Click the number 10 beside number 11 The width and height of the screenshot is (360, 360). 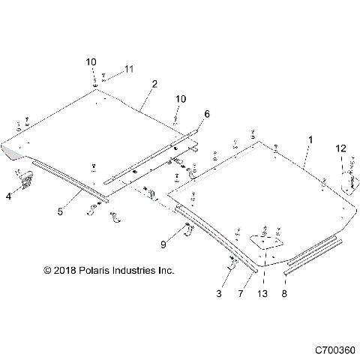coord(91,61)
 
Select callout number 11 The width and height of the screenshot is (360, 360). coord(128,69)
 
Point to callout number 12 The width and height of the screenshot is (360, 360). coord(341,149)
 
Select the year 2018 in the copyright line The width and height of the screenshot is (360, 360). coord(65,269)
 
